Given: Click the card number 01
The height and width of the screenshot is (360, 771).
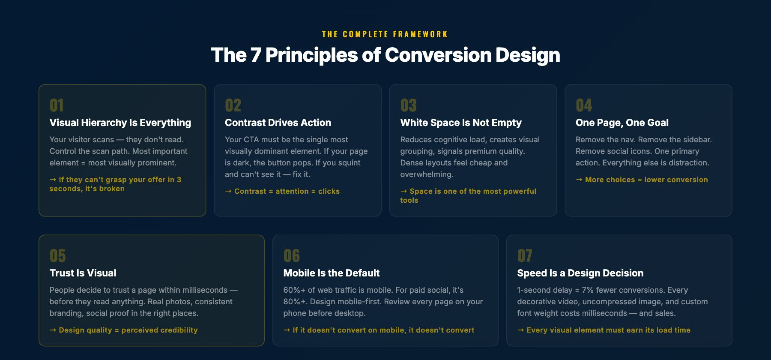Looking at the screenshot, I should [x=57, y=105].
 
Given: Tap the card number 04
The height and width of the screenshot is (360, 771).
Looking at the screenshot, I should [x=584, y=105].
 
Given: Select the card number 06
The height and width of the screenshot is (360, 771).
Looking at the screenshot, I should [x=291, y=256].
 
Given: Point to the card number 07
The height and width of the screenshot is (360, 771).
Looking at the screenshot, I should [x=524, y=256].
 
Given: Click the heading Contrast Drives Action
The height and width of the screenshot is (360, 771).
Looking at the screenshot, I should [x=278, y=123].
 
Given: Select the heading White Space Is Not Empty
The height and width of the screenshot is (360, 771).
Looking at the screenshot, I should [x=460, y=123].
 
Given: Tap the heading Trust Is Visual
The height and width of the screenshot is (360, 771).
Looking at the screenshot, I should [x=83, y=273].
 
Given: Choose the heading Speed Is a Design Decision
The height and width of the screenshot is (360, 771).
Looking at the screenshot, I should [x=580, y=273].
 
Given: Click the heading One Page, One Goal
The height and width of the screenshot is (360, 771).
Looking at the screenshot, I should [x=622, y=123].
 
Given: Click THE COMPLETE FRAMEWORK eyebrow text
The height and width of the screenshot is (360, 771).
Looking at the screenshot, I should [x=385, y=34].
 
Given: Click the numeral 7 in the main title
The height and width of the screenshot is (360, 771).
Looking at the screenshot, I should [x=256, y=55].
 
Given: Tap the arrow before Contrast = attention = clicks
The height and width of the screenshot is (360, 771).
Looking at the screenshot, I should [x=228, y=191].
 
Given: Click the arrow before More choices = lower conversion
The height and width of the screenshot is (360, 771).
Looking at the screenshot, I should [x=579, y=180].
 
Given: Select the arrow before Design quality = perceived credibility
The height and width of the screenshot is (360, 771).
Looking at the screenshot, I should [x=53, y=330].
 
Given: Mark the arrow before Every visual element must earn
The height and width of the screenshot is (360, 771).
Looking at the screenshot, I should [x=520, y=330].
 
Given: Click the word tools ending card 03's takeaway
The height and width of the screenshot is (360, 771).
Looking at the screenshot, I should [x=409, y=201].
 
